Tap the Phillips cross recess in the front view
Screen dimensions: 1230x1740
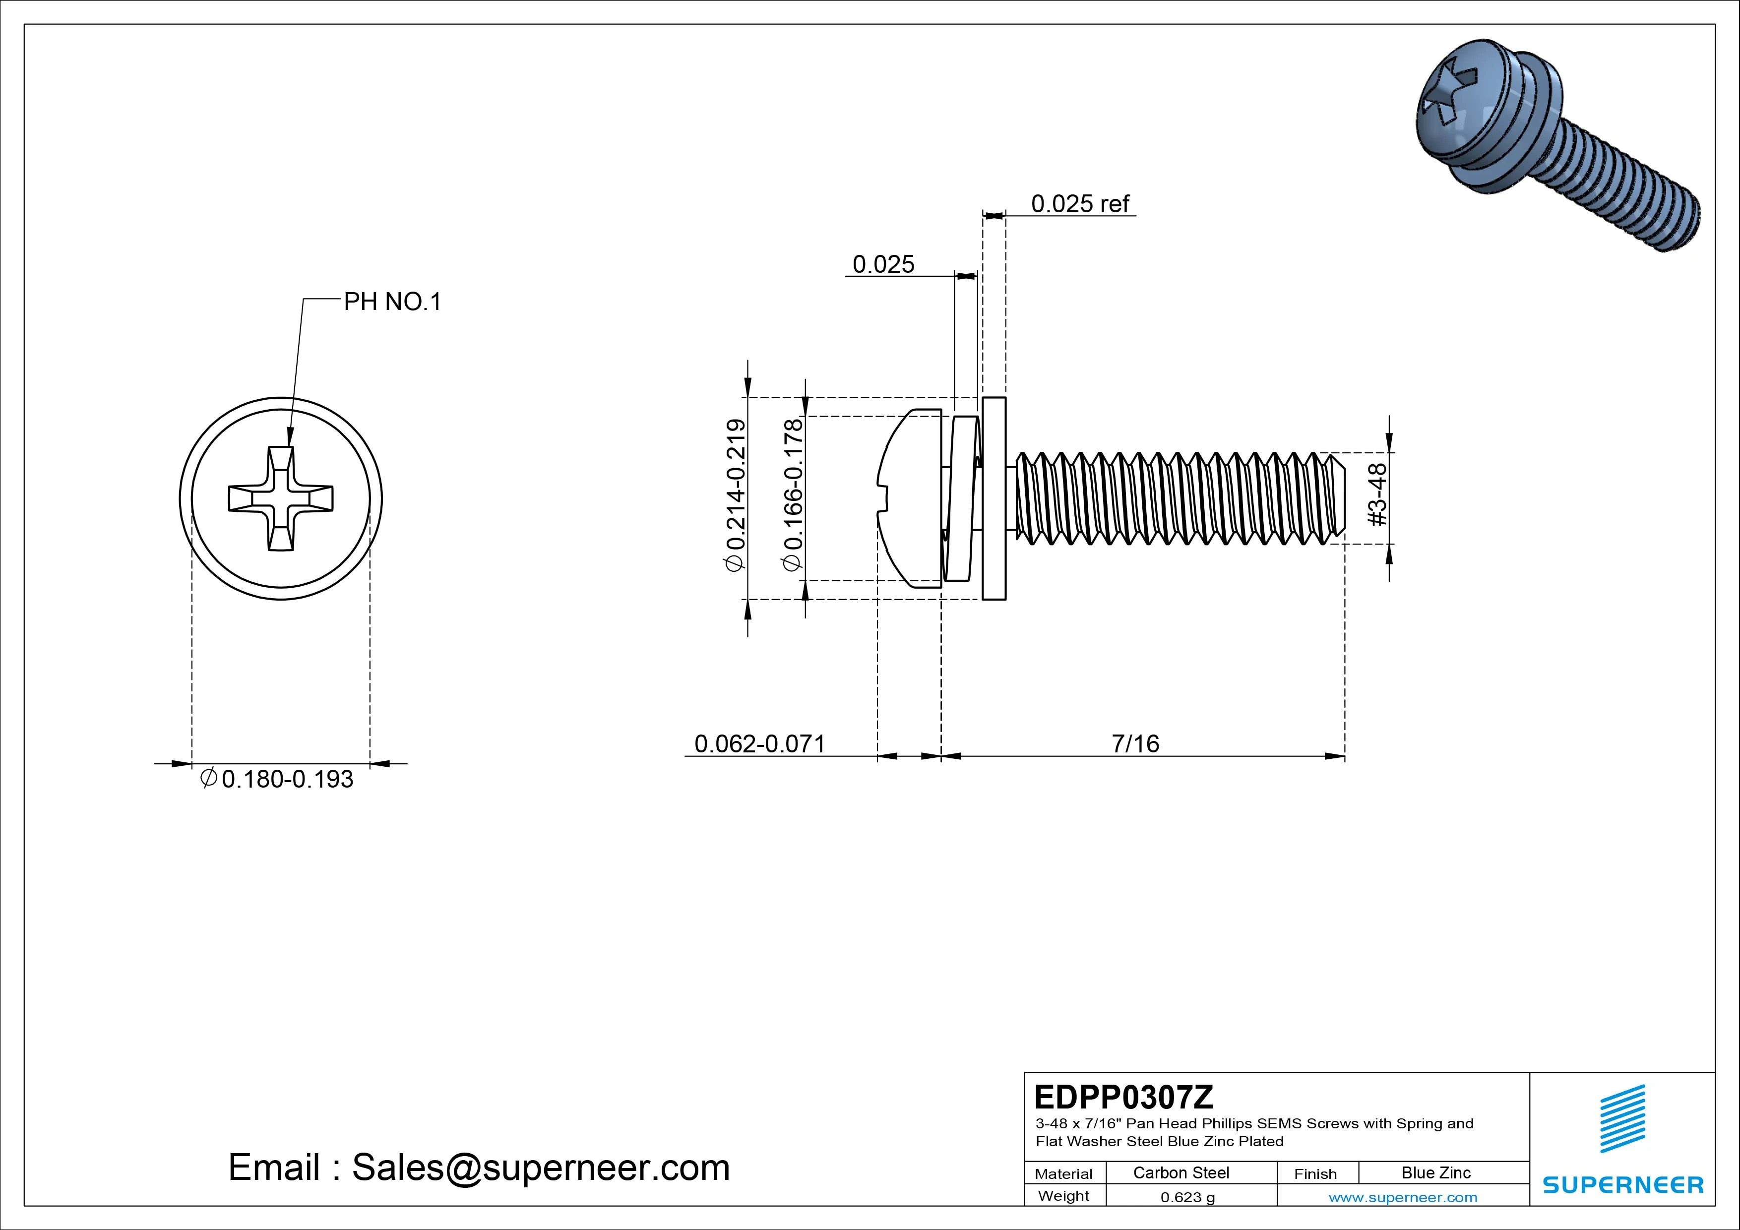click(x=280, y=498)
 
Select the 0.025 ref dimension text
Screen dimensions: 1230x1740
click(x=1079, y=204)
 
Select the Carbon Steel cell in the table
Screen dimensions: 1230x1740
click(x=1181, y=1172)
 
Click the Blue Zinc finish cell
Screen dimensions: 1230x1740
click(x=1435, y=1172)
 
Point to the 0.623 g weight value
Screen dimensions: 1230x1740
click(x=1187, y=1197)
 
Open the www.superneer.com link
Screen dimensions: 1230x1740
click(x=1403, y=1197)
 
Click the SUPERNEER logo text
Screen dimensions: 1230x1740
click(x=1622, y=1184)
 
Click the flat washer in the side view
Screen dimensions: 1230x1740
click(x=994, y=498)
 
